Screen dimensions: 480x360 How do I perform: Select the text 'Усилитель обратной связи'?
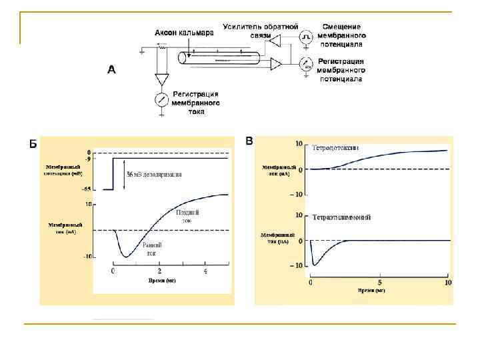pos(261,31)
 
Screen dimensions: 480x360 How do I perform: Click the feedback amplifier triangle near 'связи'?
pos(275,42)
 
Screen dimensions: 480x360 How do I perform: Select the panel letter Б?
pos(33,143)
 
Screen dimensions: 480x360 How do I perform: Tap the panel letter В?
pos(249,141)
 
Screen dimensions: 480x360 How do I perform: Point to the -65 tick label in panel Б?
pos(85,190)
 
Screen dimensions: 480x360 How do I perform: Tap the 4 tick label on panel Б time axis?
pos(205,271)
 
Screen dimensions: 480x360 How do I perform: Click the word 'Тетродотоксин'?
pos(336,147)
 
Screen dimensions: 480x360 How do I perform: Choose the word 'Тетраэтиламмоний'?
pos(341,217)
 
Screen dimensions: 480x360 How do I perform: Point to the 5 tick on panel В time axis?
pos(379,283)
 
